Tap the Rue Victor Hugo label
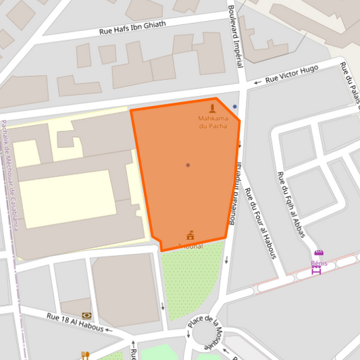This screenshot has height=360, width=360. pos(291,74)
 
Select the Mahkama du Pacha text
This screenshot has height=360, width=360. pos(213,122)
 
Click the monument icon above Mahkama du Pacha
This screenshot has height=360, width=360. pos(213,109)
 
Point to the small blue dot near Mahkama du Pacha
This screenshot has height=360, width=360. pos(235,106)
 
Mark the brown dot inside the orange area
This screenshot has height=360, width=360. pos(188,165)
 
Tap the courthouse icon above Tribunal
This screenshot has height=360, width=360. pos(190,236)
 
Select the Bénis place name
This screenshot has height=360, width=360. pos(319,262)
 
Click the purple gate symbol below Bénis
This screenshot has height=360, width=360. pos(315,270)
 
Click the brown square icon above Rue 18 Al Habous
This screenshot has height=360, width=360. pos(86,315)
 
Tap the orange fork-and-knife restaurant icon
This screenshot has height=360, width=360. pos(85,355)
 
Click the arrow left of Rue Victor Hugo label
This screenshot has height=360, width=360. pos(257,82)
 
